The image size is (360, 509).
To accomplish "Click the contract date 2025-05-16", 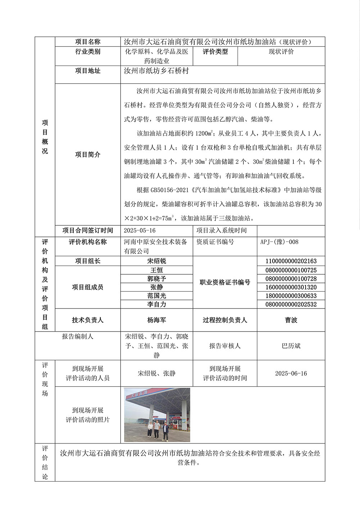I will coord(140,230).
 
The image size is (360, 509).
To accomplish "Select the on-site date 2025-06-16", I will coord(291,373).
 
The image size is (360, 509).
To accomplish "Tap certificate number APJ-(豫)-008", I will coord(279,242).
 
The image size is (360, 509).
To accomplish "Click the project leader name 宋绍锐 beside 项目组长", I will coord(157,261).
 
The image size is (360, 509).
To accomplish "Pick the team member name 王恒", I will coord(157,270).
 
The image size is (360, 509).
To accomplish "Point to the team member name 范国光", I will coord(157,296).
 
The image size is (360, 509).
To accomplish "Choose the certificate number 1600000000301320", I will coord(291,287).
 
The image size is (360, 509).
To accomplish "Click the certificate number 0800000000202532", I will coord(291,305).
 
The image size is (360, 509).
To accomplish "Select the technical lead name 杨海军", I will coord(157,320).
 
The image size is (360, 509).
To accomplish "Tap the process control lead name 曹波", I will coord(291,320).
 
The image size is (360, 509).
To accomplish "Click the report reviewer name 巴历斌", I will coord(291,346).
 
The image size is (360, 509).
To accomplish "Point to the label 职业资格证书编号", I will coord(225,283).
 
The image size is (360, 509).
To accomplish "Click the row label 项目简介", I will coord(87,154).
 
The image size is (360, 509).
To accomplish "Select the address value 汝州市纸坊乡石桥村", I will coord(156,71).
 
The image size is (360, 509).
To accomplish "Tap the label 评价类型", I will coord(215,51).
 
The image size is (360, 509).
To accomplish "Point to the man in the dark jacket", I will coord(165,431).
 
